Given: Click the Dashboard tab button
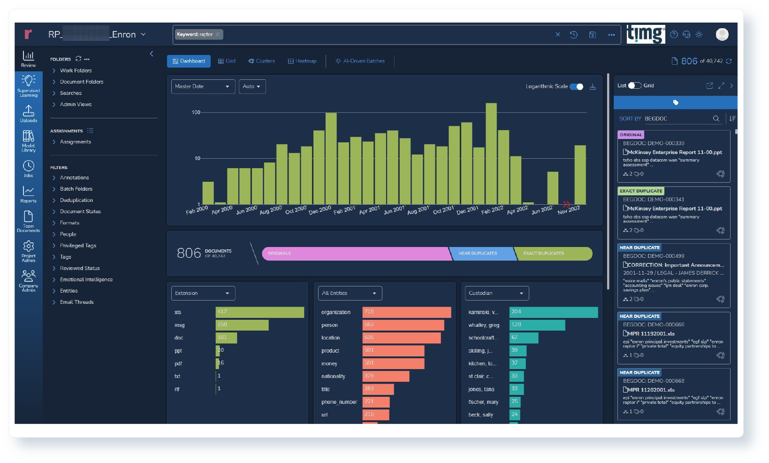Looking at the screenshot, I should [189, 61].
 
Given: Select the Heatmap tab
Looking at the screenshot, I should [302, 61].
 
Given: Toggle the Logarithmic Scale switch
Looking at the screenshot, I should [576, 86].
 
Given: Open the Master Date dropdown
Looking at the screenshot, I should [203, 86].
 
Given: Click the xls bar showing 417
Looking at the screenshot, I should [259, 312].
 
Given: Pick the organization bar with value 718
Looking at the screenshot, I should [406, 312].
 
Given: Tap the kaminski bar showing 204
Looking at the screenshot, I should [553, 312].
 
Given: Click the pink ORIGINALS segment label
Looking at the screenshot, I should [280, 254].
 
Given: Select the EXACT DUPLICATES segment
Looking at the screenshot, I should [543, 254].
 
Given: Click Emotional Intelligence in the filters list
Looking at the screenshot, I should [86, 280].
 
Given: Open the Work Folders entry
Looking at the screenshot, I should [76, 70].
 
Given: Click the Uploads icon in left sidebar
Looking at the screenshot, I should [28, 113].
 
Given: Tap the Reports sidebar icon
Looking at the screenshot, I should [28, 194].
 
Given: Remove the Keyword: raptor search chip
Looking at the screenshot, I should [218, 34].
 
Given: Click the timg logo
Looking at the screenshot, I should [646, 34].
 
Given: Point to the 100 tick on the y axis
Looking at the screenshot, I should [196, 113].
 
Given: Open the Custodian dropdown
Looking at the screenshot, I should [496, 293].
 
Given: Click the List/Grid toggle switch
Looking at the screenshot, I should [635, 85].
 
